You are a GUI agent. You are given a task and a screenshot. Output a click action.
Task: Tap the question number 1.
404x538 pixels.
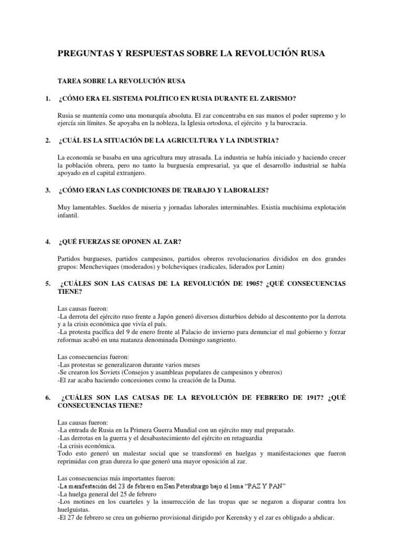[x=47, y=98]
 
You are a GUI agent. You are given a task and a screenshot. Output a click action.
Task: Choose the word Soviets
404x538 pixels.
[x=112, y=373]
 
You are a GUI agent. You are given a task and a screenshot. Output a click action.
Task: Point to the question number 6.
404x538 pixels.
[x=47, y=398]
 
